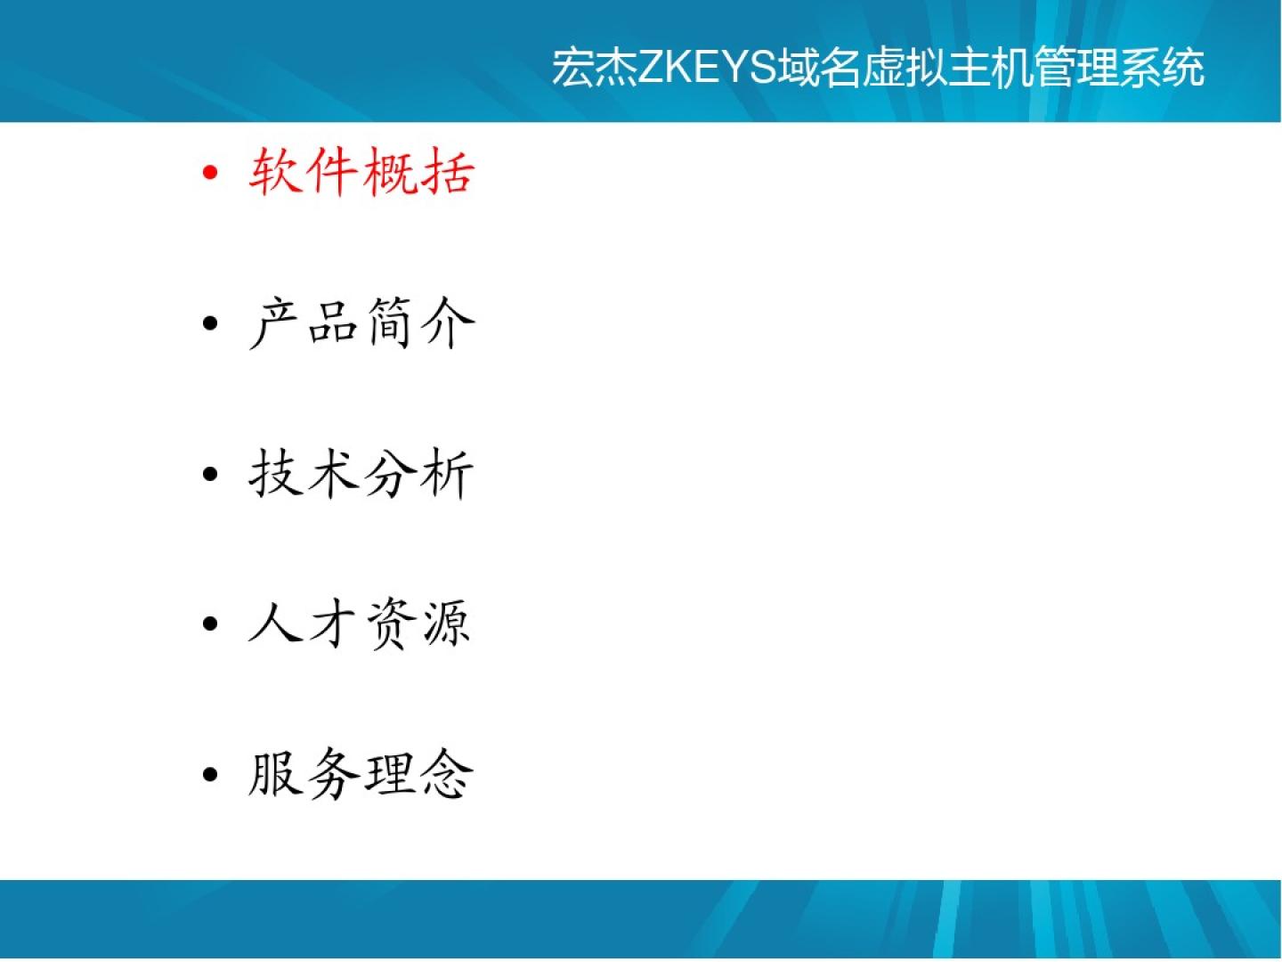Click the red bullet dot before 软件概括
[210, 172]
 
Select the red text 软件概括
[361, 171]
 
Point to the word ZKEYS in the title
[708, 68]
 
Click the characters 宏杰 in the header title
[595, 68]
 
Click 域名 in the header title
[821, 68]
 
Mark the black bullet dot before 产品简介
[210, 323]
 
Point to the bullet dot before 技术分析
[210, 474]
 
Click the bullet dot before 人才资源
[210, 624]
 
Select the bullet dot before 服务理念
[210, 775]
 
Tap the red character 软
[275, 171]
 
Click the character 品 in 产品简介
[332, 322]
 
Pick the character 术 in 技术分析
[332, 473]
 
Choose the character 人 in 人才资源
[274, 624]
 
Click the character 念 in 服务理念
[447, 775]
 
